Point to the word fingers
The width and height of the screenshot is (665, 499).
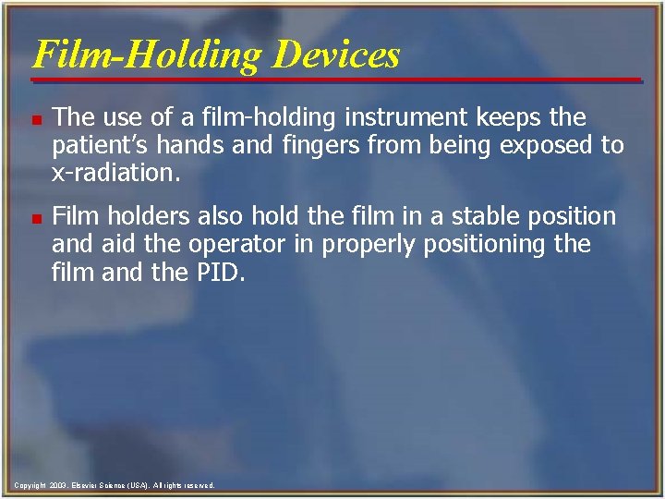click(x=333, y=146)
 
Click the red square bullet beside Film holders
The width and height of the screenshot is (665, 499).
click(x=34, y=218)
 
